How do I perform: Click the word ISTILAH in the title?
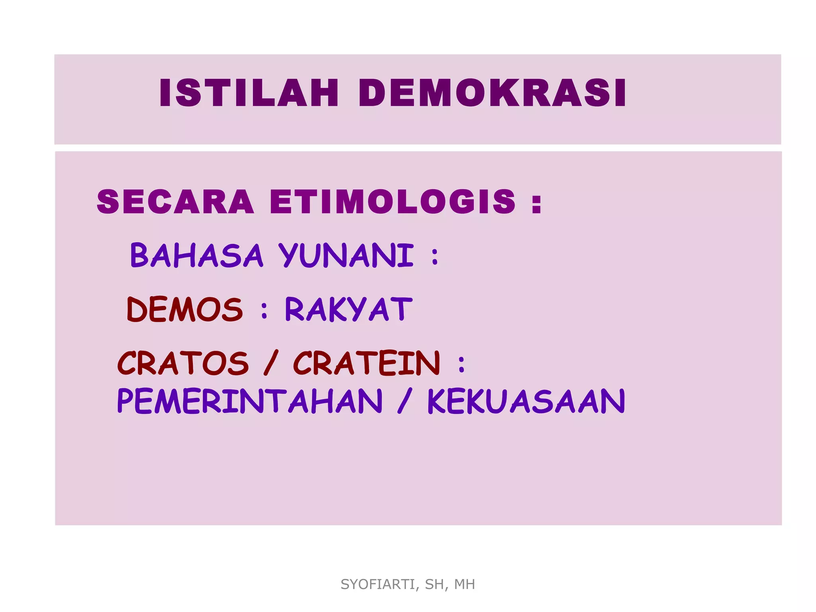click(249, 93)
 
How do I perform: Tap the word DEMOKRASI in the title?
click(492, 93)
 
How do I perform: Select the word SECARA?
click(175, 202)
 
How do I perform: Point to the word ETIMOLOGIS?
click(392, 202)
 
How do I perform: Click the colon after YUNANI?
click(435, 257)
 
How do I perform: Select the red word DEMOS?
click(184, 309)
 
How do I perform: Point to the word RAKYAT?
click(349, 309)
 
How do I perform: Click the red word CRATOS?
click(183, 363)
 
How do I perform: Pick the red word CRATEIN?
click(367, 363)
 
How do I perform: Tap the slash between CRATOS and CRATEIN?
click(271, 363)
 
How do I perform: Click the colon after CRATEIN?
click(461, 365)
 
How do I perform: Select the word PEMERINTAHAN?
click(250, 401)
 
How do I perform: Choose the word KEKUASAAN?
click(526, 401)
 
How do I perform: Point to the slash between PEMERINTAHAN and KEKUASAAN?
click(404, 401)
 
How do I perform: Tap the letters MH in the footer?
click(465, 584)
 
